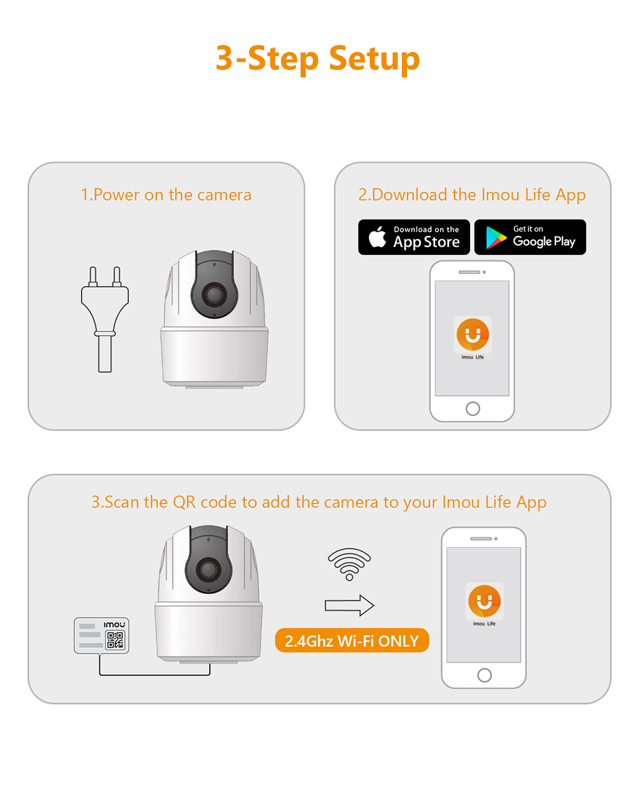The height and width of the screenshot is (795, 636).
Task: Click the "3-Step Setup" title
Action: [317, 59]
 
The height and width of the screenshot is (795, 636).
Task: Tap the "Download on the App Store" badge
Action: [414, 237]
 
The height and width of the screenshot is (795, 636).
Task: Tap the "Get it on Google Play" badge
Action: [530, 237]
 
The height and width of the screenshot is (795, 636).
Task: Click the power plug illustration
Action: [105, 318]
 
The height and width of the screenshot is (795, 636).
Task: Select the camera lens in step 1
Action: [214, 294]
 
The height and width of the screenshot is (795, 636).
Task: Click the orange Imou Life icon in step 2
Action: [473, 334]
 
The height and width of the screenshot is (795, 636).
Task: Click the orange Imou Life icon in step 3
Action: [484, 600]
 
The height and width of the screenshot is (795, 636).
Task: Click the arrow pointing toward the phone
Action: [349, 605]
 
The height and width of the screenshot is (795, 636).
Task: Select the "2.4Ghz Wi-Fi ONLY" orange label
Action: [352, 640]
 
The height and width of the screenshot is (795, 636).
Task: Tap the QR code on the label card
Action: [115, 640]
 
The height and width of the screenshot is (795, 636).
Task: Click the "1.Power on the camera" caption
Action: [166, 195]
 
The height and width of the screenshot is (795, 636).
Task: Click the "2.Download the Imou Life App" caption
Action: [472, 195]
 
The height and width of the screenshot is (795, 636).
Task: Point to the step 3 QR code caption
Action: [319, 502]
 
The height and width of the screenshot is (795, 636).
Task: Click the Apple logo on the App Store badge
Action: [377, 237]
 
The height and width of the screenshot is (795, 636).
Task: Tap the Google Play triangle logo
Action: [495, 237]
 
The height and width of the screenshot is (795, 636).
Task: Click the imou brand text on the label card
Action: [114, 625]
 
